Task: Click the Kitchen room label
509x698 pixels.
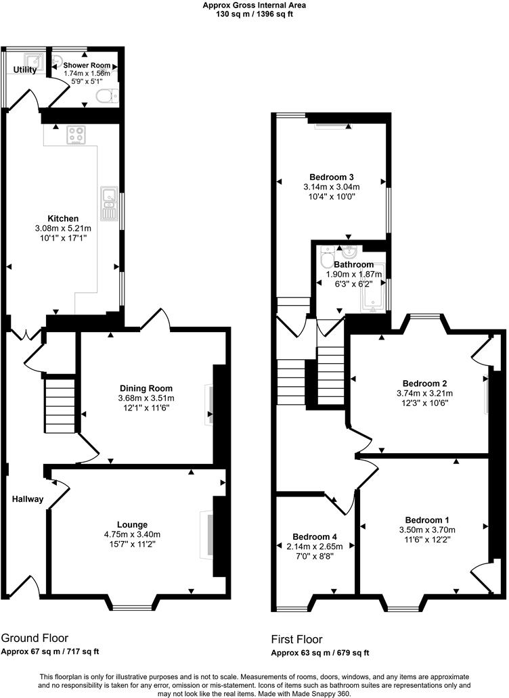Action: pyautogui.click(x=63, y=218)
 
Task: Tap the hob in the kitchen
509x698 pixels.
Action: pyautogui.click(x=76, y=135)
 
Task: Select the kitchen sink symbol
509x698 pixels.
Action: pyautogui.click(x=108, y=203)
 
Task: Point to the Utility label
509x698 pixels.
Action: pyautogui.click(x=24, y=70)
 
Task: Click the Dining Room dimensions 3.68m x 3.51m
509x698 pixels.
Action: pyautogui.click(x=146, y=398)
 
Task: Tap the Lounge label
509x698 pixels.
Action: pyautogui.click(x=132, y=525)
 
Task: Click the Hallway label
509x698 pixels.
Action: pyautogui.click(x=27, y=500)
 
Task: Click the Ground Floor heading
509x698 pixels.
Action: pyautogui.click(x=35, y=638)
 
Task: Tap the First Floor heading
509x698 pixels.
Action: pyautogui.click(x=296, y=639)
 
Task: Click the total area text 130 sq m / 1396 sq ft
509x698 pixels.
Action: pyautogui.click(x=255, y=14)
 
